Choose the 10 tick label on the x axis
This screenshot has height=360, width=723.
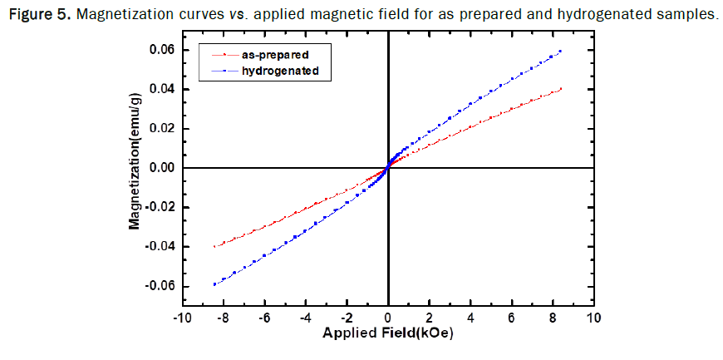593,319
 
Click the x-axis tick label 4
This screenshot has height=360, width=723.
470,319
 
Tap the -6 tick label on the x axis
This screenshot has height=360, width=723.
263,319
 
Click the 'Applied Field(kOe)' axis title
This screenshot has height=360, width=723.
386,335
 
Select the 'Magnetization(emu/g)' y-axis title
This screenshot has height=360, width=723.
133,170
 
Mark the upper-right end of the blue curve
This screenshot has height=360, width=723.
561,51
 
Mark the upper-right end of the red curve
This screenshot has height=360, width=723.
561,89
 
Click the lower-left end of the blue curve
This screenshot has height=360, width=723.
214,284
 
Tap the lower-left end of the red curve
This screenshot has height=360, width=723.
214,246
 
